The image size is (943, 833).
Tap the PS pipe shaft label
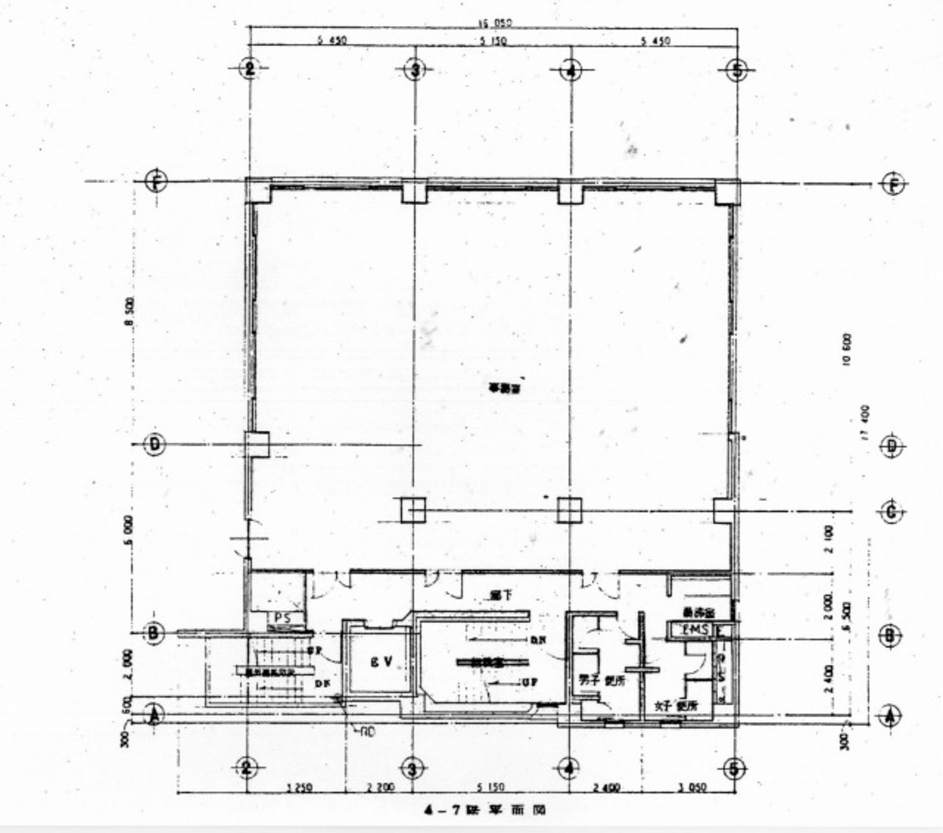(x=282, y=618)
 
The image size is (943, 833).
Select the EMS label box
(x=695, y=630)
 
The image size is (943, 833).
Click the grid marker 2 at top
(x=249, y=69)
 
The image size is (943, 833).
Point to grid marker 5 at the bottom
(x=733, y=768)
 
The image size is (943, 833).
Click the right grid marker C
(x=891, y=512)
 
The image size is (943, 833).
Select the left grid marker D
(x=156, y=445)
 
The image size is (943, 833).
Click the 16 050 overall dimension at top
(x=495, y=24)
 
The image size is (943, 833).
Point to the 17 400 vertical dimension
(x=864, y=424)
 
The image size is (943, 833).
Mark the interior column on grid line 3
(x=413, y=510)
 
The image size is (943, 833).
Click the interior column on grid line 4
(x=568, y=510)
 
